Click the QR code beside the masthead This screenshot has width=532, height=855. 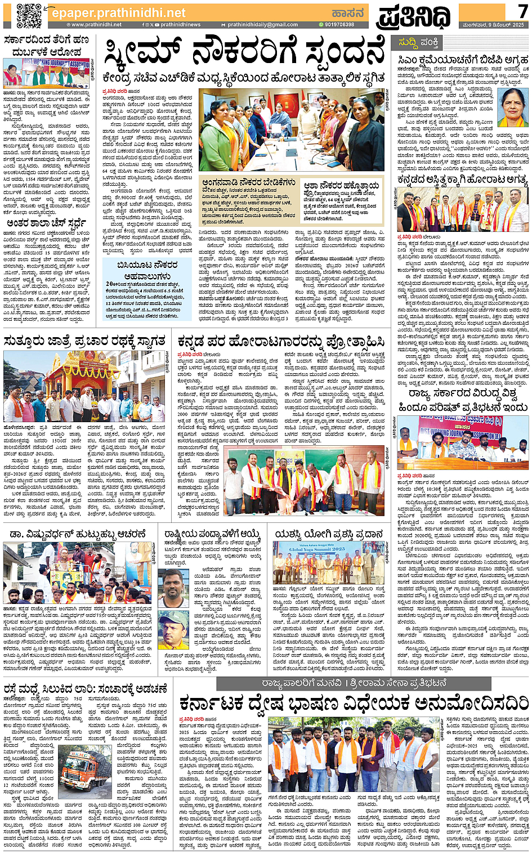click(x=29, y=15)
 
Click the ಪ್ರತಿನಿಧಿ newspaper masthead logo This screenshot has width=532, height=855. click(x=414, y=16)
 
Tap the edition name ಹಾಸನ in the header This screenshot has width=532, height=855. click(x=348, y=12)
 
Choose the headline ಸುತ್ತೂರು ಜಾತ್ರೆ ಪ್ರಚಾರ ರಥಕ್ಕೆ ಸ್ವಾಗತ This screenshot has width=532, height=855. click(x=84, y=341)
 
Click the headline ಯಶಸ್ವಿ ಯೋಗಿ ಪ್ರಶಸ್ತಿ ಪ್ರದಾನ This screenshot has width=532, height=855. click(x=329, y=533)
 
